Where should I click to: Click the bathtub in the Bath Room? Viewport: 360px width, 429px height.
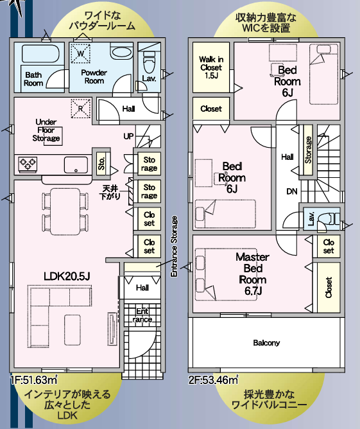point(40,53)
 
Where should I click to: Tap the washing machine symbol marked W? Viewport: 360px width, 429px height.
point(80,53)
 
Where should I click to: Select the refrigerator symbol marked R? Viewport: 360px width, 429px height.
point(81,109)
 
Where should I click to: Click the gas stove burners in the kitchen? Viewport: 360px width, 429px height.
point(28,164)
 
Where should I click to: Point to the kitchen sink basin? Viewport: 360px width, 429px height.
point(76,165)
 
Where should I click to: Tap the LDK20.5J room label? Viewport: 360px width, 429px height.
point(67,276)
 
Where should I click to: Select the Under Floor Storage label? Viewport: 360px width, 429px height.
point(46,130)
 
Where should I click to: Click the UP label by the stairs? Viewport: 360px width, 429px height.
point(128,136)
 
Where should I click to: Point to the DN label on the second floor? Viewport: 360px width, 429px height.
point(292,191)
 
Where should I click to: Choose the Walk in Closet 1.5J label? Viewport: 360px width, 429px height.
point(211,67)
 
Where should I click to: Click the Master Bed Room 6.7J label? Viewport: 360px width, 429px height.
point(253,274)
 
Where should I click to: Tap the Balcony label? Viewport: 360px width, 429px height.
point(266,342)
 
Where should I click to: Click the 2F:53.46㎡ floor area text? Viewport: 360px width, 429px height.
point(213,380)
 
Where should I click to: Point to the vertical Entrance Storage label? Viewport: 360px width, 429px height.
point(174,247)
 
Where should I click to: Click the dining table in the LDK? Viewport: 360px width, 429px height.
point(65,211)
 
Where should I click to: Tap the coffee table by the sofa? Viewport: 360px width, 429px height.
point(73,329)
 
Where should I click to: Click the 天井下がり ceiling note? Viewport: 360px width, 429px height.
point(110,192)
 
